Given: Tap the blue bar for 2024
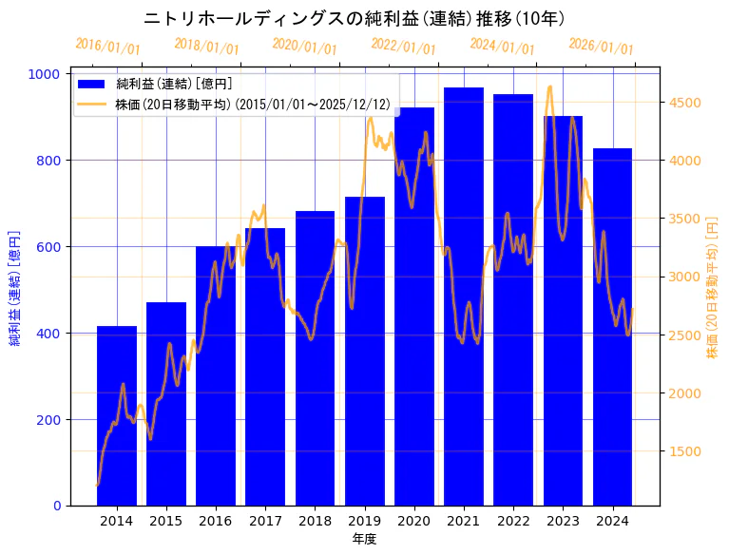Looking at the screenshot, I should point(612,327).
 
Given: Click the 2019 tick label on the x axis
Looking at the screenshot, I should point(365,521).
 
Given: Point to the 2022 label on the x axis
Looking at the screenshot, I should point(513,521).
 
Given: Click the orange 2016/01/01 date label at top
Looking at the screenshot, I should point(107,47).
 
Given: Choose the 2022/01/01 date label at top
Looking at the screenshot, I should point(404,47).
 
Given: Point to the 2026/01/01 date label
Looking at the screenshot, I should point(601,47).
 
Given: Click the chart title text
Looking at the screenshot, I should point(355,19).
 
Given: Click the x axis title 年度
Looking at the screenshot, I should point(364,539).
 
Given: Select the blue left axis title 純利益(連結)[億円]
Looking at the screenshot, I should point(15,288).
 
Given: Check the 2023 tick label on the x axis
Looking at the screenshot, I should point(563,521).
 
